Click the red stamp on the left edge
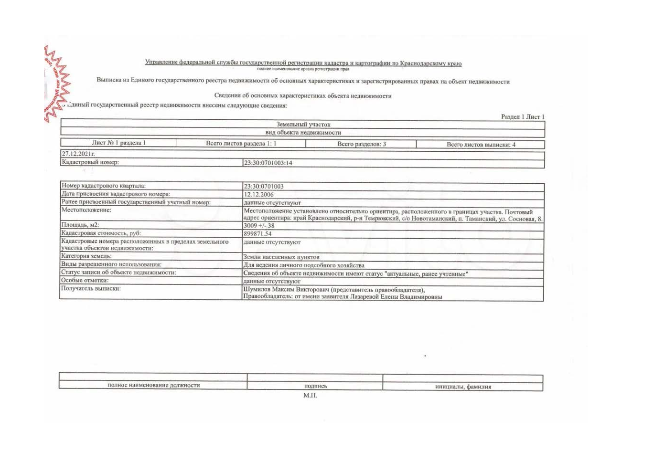coord(56,84)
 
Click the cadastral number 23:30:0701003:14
coord(268,163)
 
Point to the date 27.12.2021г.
coord(78,154)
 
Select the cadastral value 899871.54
coord(257,234)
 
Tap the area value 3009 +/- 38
coord(259,226)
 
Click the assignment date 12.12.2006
coord(258,195)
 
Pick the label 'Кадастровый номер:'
coord(90,162)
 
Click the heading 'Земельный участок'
coord(303,125)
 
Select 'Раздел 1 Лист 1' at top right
coord(522,117)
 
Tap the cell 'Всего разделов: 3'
coord(361,144)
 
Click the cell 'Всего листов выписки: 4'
coord(481,145)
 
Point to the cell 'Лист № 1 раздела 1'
coord(118,143)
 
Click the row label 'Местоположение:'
coord(86,210)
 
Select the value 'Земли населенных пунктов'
coord(281,257)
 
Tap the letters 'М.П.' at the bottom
coord(310,395)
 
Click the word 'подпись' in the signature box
coord(315,386)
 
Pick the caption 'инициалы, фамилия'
coord(462,387)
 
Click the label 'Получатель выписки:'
coord(91,288)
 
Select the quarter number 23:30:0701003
coord(263,187)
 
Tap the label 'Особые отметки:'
coord(85,280)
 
